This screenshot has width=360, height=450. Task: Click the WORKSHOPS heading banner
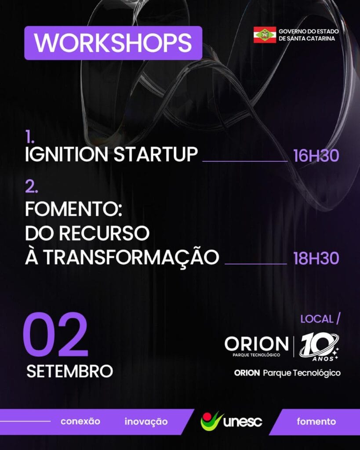click(x=113, y=43)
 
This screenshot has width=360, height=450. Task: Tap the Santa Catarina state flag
click(x=265, y=35)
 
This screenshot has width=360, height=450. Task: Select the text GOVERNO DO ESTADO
click(x=309, y=31)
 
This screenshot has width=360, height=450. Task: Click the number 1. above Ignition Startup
click(x=30, y=137)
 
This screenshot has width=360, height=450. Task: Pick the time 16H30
click(x=316, y=156)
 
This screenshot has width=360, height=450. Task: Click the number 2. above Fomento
click(x=32, y=187)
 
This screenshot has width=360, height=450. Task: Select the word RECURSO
click(x=105, y=233)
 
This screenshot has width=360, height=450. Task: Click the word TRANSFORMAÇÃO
click(x=131, y=256)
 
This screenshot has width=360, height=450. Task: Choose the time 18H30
click(x=316, y=258)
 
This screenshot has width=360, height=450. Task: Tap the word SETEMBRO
click(x=70, y=371)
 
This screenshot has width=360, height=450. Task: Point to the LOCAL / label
click(x=320, y=319)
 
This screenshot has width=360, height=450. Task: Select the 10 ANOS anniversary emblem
click(x=319, y=347)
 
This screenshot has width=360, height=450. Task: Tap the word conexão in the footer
click(x=80, y=421)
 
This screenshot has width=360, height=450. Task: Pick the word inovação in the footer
click(x=146, y=422)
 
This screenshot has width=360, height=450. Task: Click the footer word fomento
click(x=316, y=421)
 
